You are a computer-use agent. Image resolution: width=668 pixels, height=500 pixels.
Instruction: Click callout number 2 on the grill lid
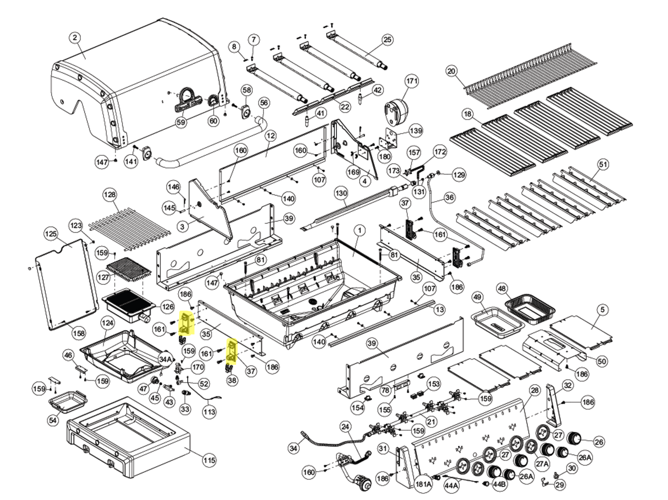75,38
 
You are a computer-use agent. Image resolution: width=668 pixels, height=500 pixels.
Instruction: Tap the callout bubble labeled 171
412,81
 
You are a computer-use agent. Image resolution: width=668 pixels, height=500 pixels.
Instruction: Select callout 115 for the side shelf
209,460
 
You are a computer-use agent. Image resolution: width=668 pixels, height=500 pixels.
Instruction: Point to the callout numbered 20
452,71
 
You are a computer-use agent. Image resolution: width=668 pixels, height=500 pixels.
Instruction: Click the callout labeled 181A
423,484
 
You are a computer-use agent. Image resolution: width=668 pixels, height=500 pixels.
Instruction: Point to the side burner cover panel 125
66,284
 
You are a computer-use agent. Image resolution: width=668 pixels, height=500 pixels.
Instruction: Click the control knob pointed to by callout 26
574,438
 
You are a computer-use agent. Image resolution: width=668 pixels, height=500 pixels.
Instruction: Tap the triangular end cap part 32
553,404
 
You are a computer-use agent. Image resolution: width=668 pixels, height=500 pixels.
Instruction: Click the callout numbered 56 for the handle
264,103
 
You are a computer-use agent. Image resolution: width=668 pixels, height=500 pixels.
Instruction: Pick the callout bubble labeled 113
209,412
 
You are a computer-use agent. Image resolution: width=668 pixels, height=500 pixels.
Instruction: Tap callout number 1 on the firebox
359,231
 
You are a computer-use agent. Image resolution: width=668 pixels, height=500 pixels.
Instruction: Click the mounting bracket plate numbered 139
392,137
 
